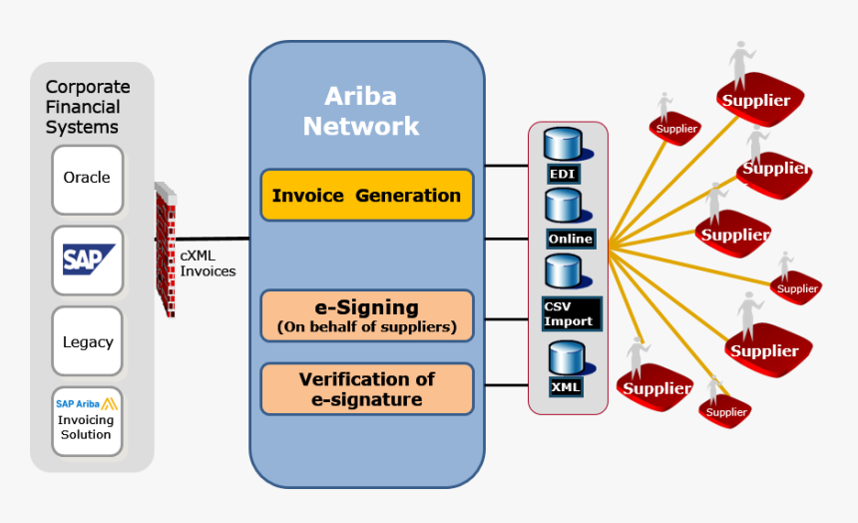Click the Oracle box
coord(88,179)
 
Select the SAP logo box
coord(88,260)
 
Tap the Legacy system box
coord(88,341)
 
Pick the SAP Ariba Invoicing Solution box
coord(87,420)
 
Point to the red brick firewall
coord(165,250)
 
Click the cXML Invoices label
coord(208,262)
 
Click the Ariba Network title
coord(361,111)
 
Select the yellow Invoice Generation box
coord(366,196)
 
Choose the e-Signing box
coord(366,315)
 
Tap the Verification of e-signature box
coord(366,389)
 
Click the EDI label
coord(563,174)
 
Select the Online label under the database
coord(570,239)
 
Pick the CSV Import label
coord(570,313)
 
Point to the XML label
coord(565,386)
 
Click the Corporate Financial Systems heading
coord(87,107)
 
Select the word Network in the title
coord(361,127)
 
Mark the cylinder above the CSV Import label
coord(563,271)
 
